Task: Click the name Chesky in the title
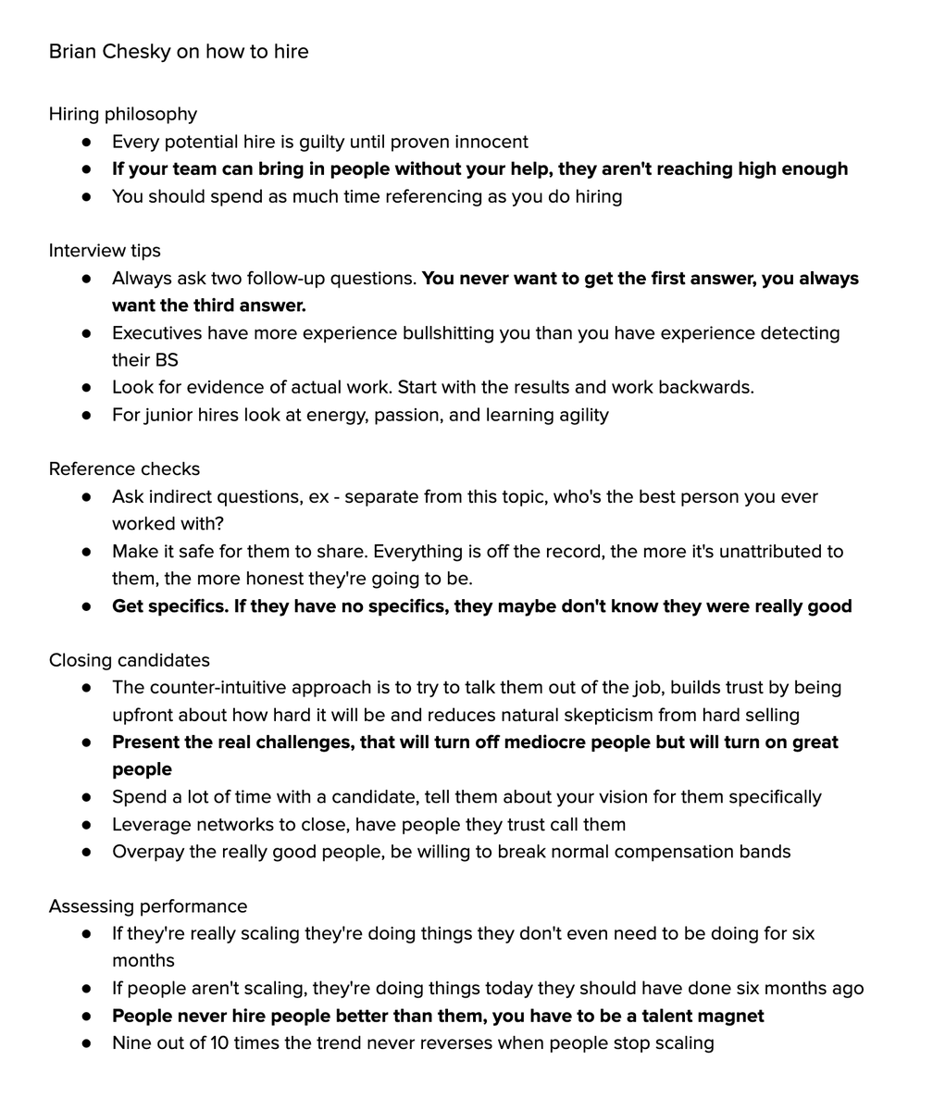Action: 136,52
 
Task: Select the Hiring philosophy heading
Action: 123,114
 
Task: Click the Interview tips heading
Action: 105,251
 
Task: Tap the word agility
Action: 578,415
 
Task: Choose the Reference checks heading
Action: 124,469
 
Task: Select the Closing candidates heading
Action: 130,660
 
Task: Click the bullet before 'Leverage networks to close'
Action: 87,824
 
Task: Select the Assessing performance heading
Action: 148,906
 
